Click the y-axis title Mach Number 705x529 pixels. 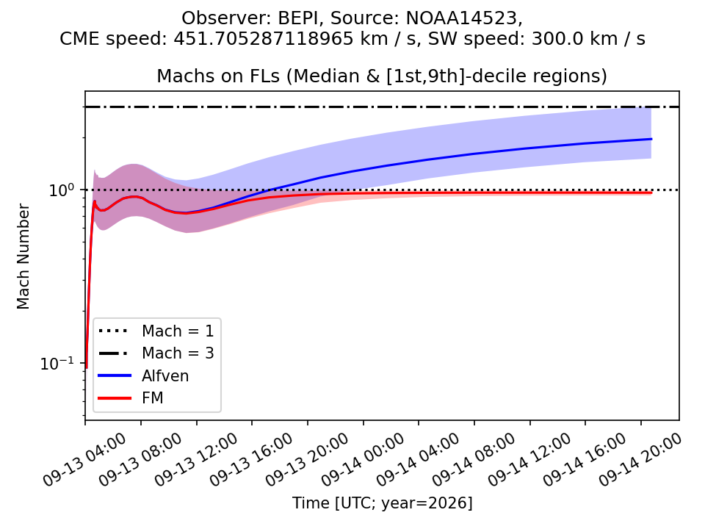(x=23, y=256)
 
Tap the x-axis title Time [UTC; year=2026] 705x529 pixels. (x=382, y=503)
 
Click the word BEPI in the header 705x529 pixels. (x=300, y=18)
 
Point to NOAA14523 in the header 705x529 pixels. (x=462, y=18)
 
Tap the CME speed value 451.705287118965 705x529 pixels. (x=264, y=39)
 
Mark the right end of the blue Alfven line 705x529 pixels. (x=651, y=139)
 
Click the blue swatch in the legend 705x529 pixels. (x=115, y=375)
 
